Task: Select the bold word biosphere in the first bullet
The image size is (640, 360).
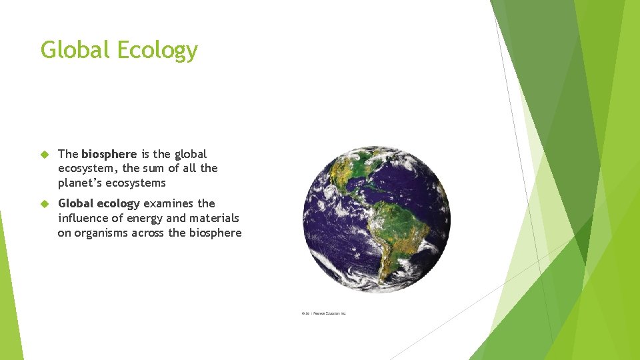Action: (x=109, y=154)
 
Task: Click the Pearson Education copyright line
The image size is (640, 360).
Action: (x=324, y=313)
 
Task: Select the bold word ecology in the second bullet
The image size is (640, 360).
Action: (x=118, y=203)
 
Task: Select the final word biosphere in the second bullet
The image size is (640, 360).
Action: (x=215, y=233)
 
